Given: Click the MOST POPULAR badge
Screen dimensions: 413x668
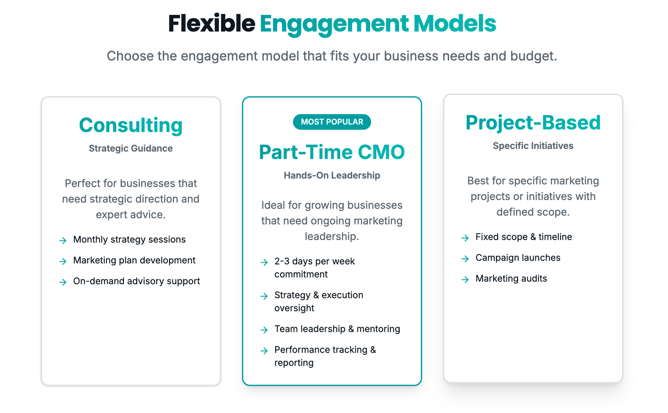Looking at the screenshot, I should (x=332, y=122).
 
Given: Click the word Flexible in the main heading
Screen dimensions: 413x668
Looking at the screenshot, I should (x=212, y=24).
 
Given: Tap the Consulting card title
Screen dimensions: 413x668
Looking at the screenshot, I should (x=130, y=125).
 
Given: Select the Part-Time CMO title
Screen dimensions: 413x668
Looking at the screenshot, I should (x=332, y=152).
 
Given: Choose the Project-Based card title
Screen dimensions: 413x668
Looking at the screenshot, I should (x=533, y=122).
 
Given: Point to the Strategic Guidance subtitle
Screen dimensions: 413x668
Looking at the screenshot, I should (x=130, y=148).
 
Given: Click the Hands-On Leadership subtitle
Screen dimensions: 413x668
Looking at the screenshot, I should (x=332, y=175).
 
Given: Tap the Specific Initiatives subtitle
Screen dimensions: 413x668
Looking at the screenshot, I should (x=533, y=146).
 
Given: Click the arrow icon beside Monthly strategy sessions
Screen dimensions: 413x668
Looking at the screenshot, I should (x=63, y=240).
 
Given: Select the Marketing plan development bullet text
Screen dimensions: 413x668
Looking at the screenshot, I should (x=134, y=260).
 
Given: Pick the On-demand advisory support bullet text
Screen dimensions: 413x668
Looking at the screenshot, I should (x=136, y=281).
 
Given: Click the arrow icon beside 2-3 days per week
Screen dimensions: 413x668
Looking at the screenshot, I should (x=264, y=262).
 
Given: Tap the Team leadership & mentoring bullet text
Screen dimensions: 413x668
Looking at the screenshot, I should (x=337, y=329).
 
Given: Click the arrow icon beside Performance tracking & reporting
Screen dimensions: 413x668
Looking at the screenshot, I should (x=264, y=350).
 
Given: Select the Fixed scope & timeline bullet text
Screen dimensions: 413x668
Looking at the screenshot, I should (x=523, y=237).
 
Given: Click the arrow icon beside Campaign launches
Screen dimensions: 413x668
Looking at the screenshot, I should (x=465, y=259).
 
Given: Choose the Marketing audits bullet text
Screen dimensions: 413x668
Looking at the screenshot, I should (x=511, y=279).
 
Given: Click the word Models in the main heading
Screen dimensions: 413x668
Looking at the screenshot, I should (x=454, y=24).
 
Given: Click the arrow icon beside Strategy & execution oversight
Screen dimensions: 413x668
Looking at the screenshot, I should (x=264, y=296).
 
